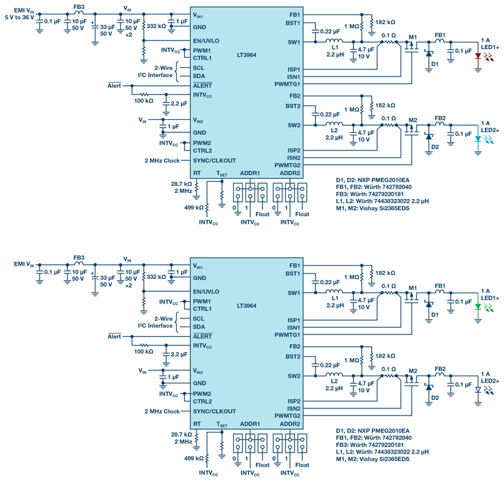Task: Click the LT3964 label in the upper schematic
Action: coord(245,55)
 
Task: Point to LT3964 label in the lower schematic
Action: coord(245,306)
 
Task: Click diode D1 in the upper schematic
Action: coord(429,57)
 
